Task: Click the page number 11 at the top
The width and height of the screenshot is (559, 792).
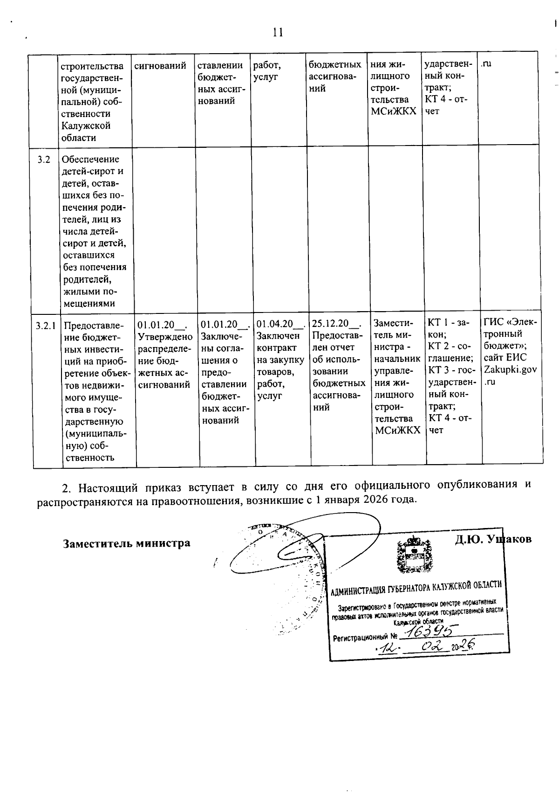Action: click(278, 32)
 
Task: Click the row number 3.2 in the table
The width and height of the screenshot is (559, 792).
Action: click(44, 160)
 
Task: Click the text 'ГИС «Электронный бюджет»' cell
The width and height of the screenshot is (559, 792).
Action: click(510, 334)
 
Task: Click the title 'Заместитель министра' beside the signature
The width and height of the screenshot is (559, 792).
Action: click(127, 543)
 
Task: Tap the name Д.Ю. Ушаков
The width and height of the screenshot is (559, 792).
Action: click(493, 539)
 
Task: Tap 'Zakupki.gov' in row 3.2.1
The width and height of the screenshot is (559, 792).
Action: click(510, 370)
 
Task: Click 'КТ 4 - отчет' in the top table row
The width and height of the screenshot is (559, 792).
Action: click(446, 105)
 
